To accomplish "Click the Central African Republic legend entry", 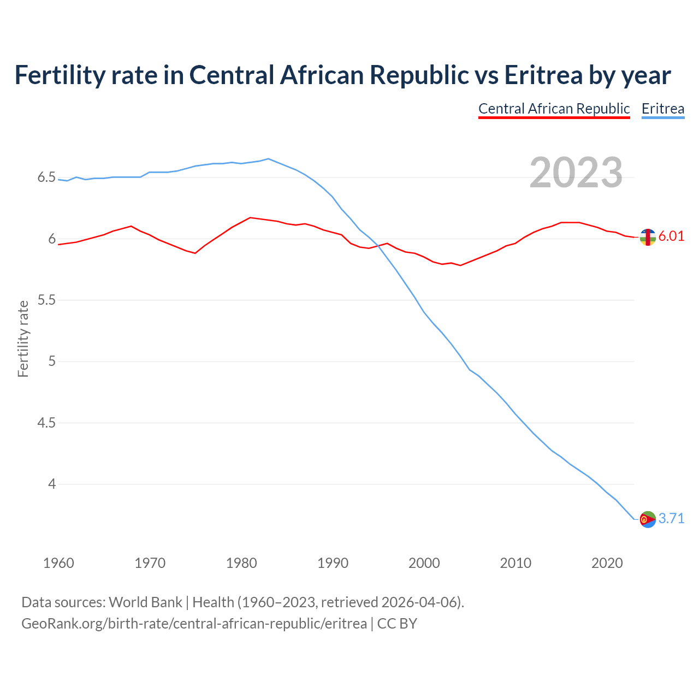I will (554, 109).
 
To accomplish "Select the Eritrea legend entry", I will (662, 109).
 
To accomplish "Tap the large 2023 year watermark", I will (576, 173).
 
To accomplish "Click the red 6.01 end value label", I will (671, 236).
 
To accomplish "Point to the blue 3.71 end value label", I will (671, 518).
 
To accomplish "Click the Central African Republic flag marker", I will (647, 237).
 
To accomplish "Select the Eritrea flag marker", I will (647, 519).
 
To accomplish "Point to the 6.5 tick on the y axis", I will (46, 177).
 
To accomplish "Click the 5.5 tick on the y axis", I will (46, 300).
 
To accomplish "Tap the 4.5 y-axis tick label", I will (46, 423).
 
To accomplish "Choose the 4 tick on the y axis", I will (52, 484).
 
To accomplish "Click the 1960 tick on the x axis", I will (58, 563).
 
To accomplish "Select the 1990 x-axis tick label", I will (333, 563).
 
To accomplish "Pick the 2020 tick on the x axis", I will (607, 563).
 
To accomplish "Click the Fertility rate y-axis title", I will (23, 339).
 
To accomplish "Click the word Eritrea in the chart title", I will (543, 75).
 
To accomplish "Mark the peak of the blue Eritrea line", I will (268, 159).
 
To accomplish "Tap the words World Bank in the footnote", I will (145, 602).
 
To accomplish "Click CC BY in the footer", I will (397, 624).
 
